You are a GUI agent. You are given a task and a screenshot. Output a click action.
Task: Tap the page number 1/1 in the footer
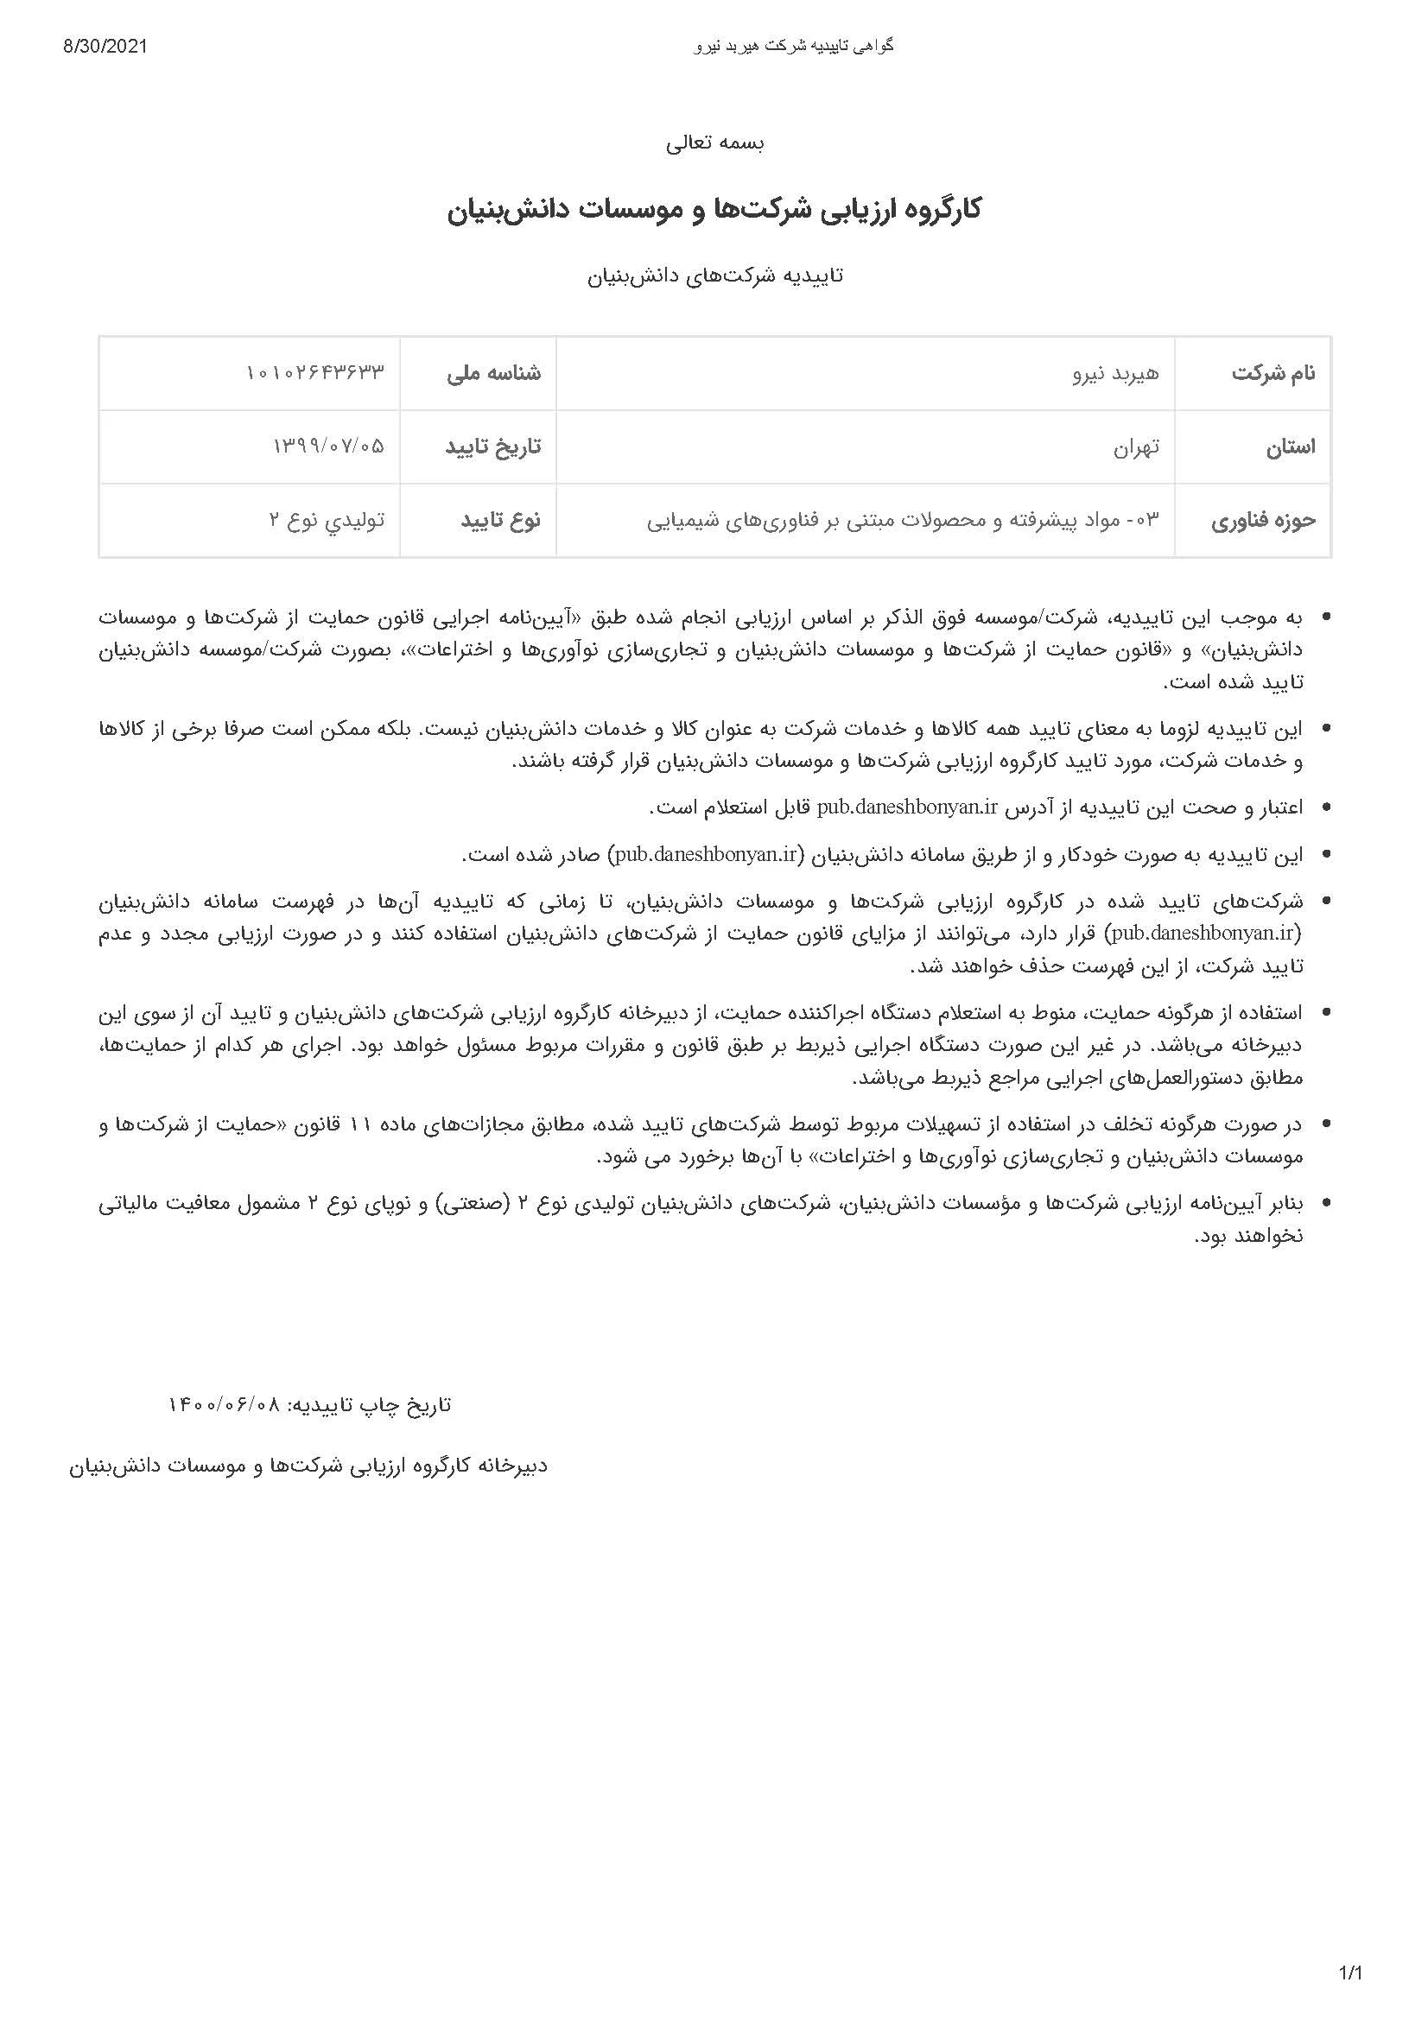pos(1349,1973)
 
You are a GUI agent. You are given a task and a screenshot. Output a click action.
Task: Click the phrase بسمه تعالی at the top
pos(714,143)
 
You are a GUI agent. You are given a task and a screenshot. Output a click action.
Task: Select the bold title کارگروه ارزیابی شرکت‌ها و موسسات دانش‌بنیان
pos(714,210)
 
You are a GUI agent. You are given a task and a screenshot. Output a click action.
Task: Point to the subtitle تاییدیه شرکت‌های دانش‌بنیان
pos(714,275)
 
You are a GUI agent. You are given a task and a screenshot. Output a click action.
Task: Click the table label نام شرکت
pos(1273,374)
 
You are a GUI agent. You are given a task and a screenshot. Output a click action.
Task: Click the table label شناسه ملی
pos(493,374)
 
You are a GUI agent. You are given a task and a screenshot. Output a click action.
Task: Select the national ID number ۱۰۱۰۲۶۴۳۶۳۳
pos(315,374)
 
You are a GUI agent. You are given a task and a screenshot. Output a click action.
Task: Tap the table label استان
pos(1291,447)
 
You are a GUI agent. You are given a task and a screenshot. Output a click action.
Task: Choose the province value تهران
pos(1137,447)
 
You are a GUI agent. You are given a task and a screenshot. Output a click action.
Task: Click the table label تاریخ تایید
pos(492,447)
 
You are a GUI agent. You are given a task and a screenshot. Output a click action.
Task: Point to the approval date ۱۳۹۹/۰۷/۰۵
pos(328,447)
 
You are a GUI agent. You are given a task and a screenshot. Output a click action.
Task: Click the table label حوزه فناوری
pos(1264,521)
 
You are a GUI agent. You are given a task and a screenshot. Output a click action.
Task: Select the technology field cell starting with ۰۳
pos(903,521)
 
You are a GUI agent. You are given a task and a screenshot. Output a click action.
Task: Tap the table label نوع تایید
pos(501,521)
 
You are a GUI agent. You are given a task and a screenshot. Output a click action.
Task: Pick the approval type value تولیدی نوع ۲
pos(327,521)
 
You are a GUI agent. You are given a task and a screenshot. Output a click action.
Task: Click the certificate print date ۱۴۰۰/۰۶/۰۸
pos(224,1405)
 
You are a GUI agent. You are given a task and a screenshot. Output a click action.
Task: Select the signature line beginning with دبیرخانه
pos(308,1466)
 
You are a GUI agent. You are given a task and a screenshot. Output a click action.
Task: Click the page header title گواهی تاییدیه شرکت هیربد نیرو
pos(794,47)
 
